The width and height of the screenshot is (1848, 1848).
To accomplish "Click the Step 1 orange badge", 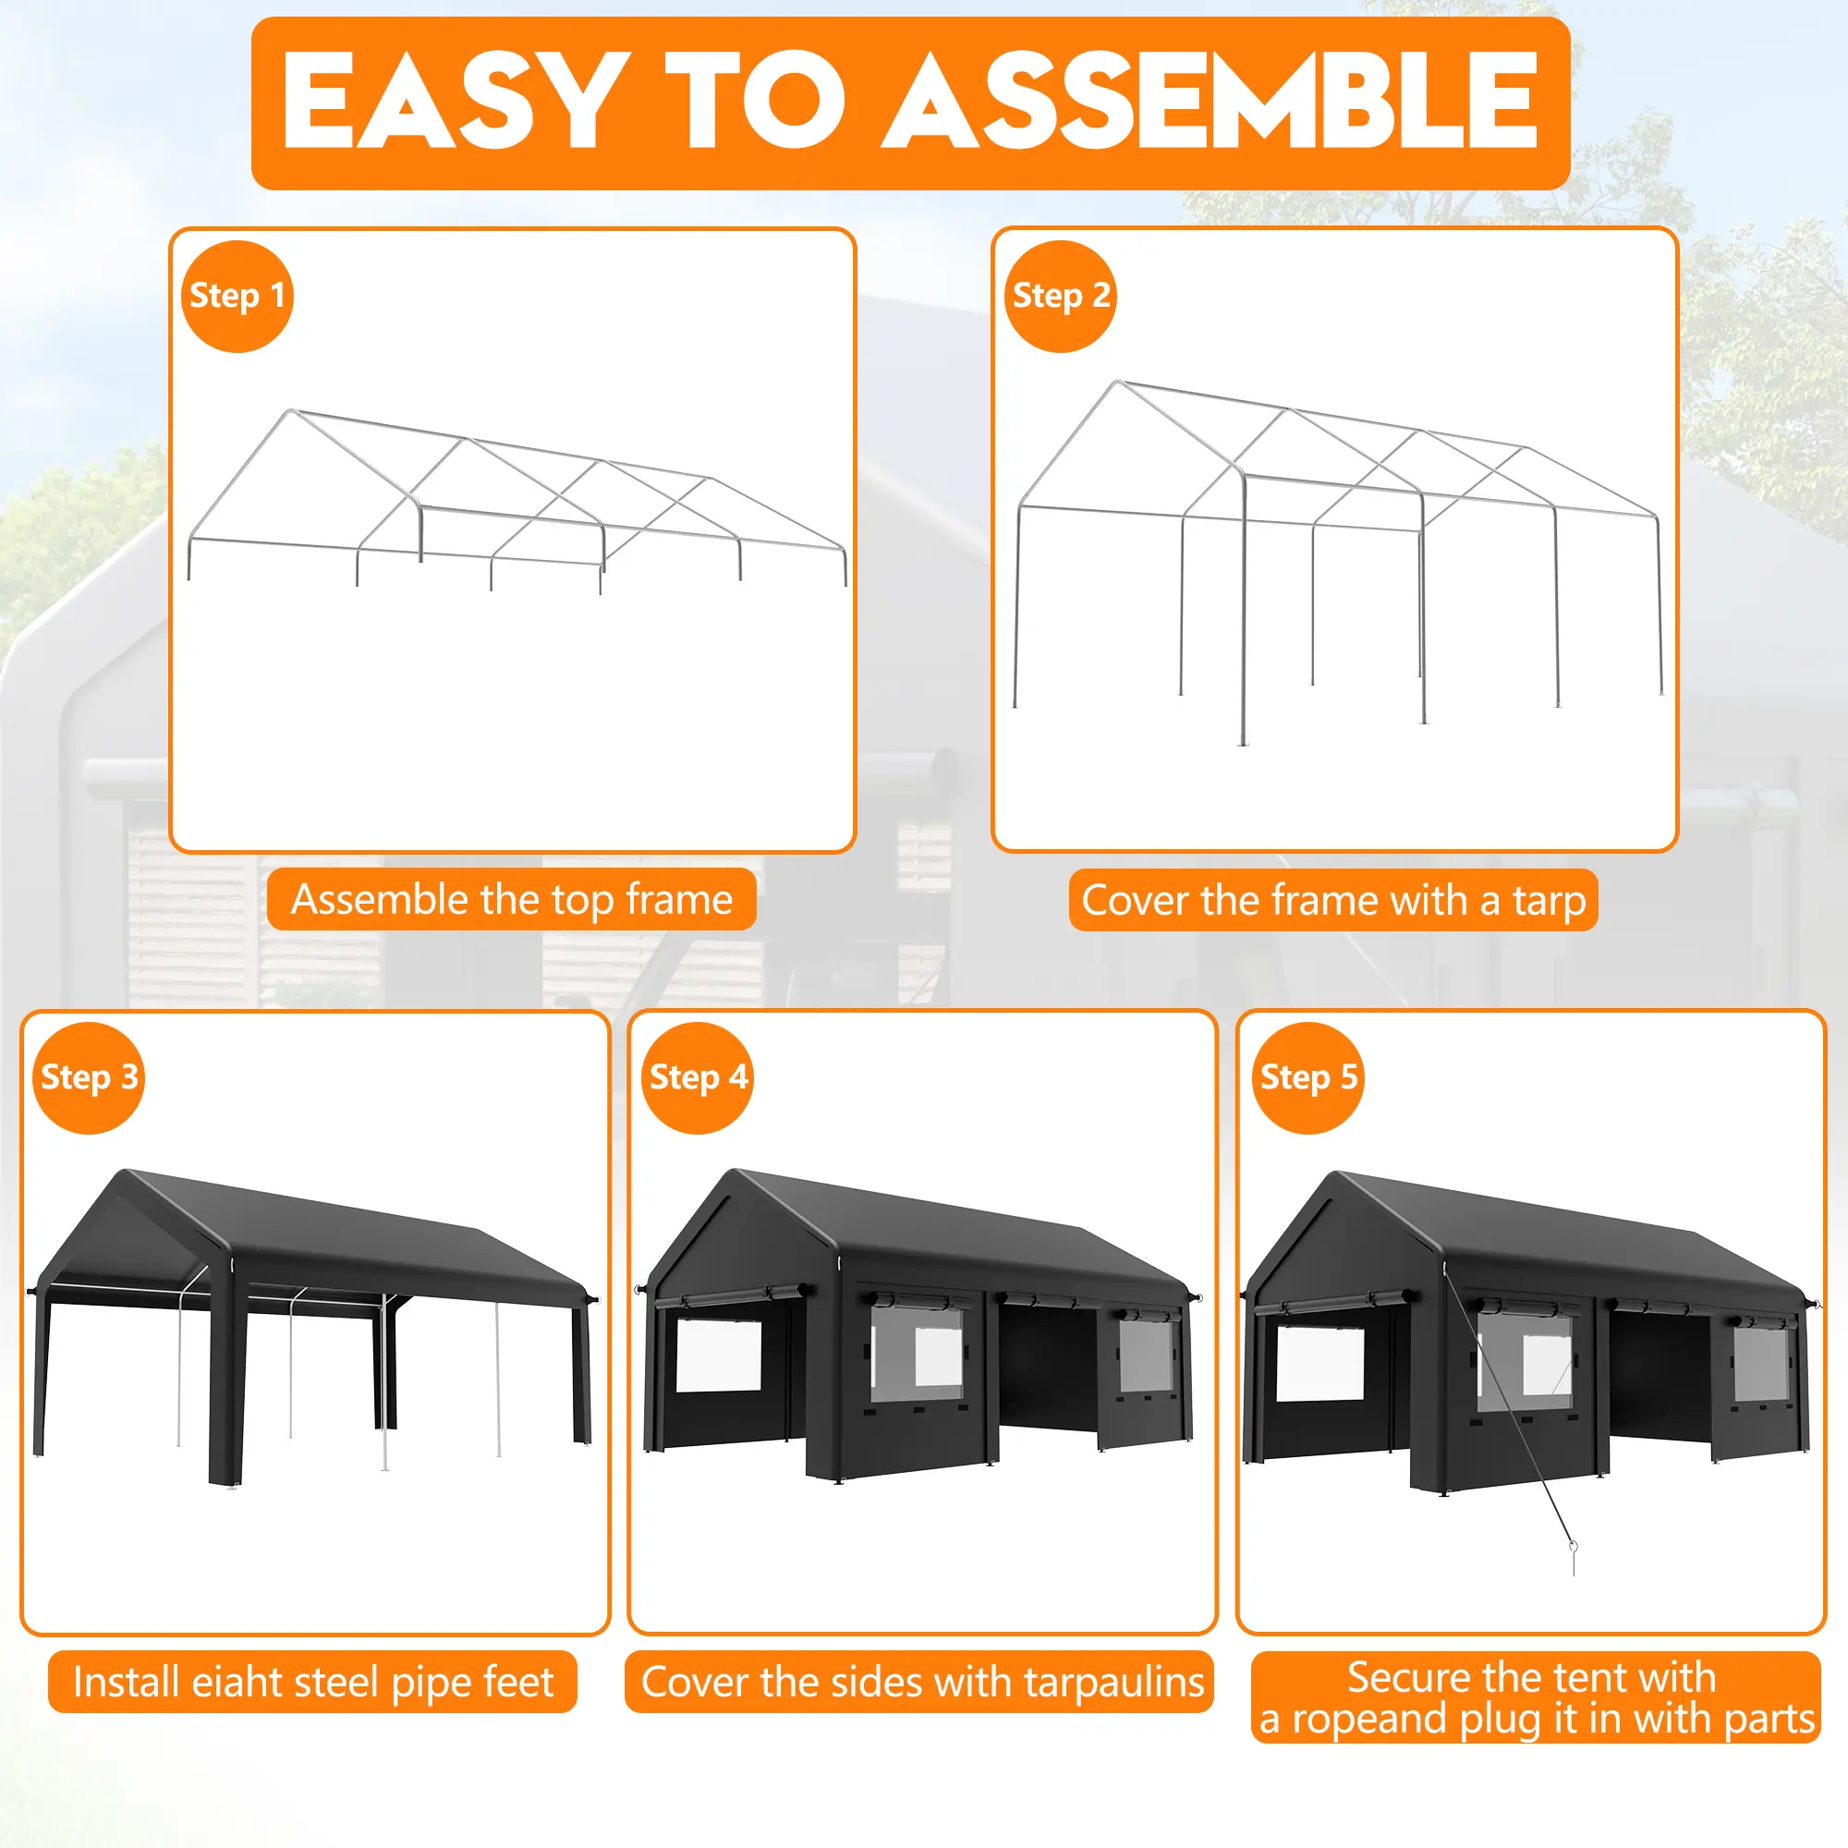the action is (237, 297).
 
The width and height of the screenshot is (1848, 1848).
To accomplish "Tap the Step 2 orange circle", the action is (1061, 297).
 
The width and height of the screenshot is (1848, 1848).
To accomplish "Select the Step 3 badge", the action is (89, 1078).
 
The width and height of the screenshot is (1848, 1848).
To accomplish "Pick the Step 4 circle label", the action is (698, 1078).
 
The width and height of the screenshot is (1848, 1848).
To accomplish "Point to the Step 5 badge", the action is (1308, 1078).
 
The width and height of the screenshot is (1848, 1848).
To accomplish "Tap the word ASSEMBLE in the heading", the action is (1210, 101).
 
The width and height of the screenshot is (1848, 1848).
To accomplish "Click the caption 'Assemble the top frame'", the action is (512, 900).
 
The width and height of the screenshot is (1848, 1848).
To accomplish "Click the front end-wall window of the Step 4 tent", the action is (718, 1356).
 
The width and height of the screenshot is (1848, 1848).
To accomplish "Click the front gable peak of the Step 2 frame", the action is (1119, 383).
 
